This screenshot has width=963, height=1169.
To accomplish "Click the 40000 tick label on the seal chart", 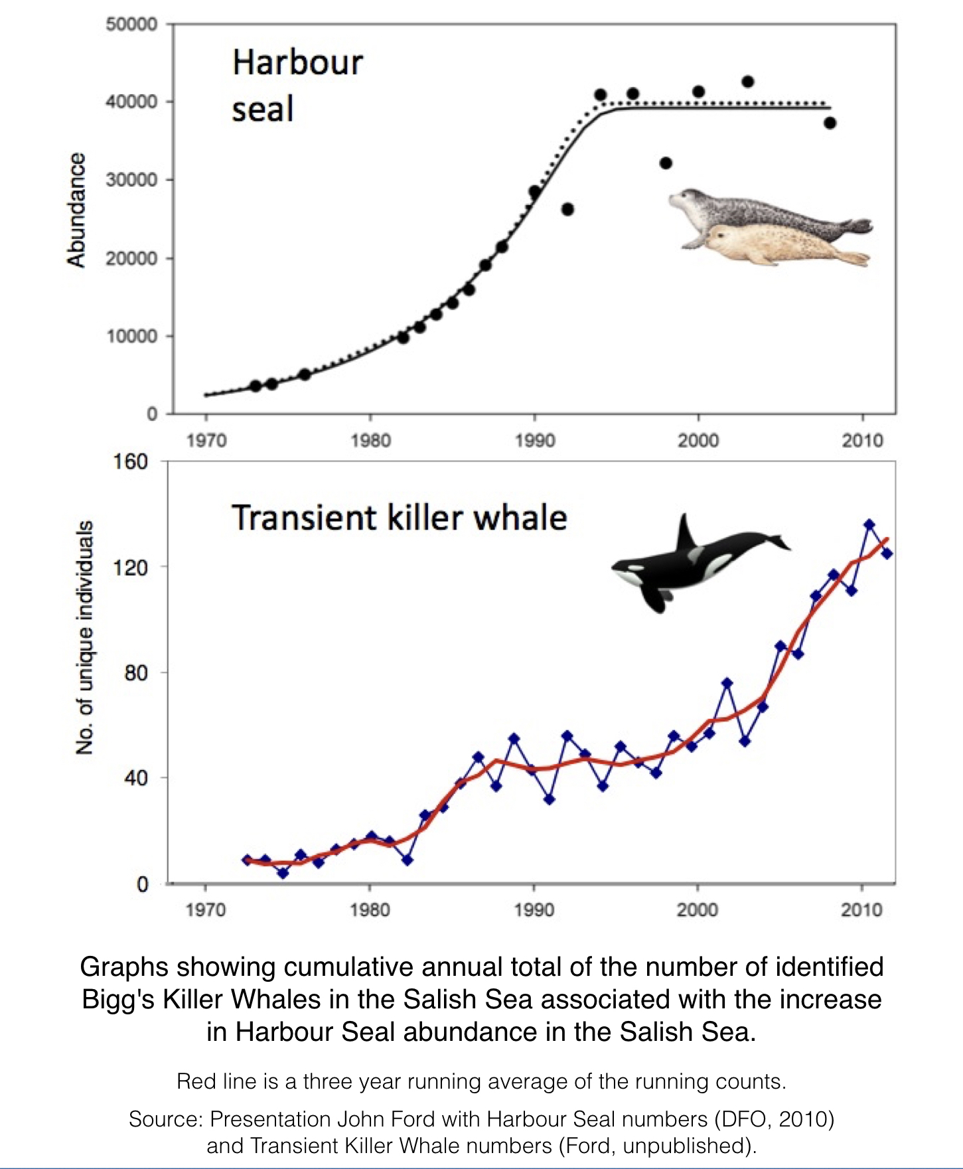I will pos(131,102).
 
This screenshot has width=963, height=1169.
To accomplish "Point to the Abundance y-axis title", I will pos(77,210).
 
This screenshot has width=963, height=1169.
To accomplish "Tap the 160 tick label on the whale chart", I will pos(130,461).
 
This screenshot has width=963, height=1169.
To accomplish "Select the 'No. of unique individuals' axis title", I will pos(84,637).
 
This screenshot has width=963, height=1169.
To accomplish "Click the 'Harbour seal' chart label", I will pos(297,86).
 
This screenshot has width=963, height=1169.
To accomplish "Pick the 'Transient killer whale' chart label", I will pos(399,518).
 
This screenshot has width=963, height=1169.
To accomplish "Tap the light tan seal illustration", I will pos(777,246).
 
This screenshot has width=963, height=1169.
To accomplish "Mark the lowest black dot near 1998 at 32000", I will pos(666,163).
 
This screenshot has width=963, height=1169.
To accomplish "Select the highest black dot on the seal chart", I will pos(748,82).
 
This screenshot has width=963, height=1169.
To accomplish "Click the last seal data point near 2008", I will pos(830,123).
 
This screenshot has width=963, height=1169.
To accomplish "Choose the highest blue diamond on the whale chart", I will pos(869,525).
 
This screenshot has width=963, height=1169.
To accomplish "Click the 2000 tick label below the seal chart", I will pos(698,440).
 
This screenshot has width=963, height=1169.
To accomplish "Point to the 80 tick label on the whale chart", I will pos(135,672).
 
